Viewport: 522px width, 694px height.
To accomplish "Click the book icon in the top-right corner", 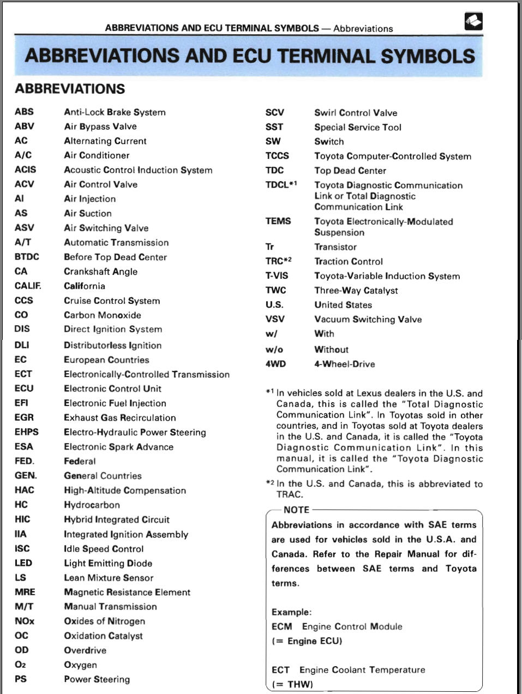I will tap(473, 21).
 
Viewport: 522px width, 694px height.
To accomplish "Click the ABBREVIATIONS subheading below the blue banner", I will tap(70, 89).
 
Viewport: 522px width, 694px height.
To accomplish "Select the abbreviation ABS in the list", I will tap(24, 112).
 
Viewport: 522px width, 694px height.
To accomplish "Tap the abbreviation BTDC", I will tap(27, 256).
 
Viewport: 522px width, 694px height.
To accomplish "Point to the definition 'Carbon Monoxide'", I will tap(102, 315).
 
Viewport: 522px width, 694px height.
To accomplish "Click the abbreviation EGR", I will tap(24, 417).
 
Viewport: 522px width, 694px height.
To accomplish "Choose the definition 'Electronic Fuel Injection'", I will tap(115, 403).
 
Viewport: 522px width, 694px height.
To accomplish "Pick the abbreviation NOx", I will tap(25, 621).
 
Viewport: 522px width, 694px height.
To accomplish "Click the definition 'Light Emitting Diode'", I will tap(107, 563).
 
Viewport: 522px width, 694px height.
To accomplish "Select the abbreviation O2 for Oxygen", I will tap(20, 665).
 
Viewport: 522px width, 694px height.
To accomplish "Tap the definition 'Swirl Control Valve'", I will tap(355, 113).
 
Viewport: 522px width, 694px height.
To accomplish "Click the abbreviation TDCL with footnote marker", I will tap(281, 184).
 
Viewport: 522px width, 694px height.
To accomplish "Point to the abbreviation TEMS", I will tap(278, 221).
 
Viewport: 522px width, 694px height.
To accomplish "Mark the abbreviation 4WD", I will tap(275, 364).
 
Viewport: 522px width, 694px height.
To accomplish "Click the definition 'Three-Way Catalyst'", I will tap(356, 290).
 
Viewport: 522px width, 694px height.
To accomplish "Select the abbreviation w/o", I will tap(274, 349).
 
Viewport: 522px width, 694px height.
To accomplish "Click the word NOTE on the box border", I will tap(296, 510).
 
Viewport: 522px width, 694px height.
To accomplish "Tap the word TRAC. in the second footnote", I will tap(289, 494).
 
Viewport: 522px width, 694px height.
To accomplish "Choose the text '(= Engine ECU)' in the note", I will tap(307, 641).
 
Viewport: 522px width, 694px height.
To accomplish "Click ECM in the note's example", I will tap(281, 626).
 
